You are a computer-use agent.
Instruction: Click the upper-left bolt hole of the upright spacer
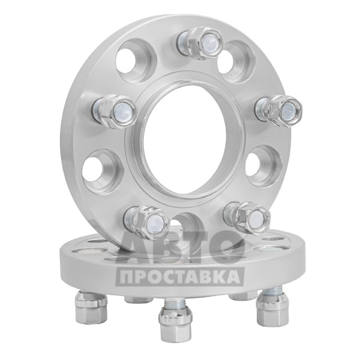tap(136, 60)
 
